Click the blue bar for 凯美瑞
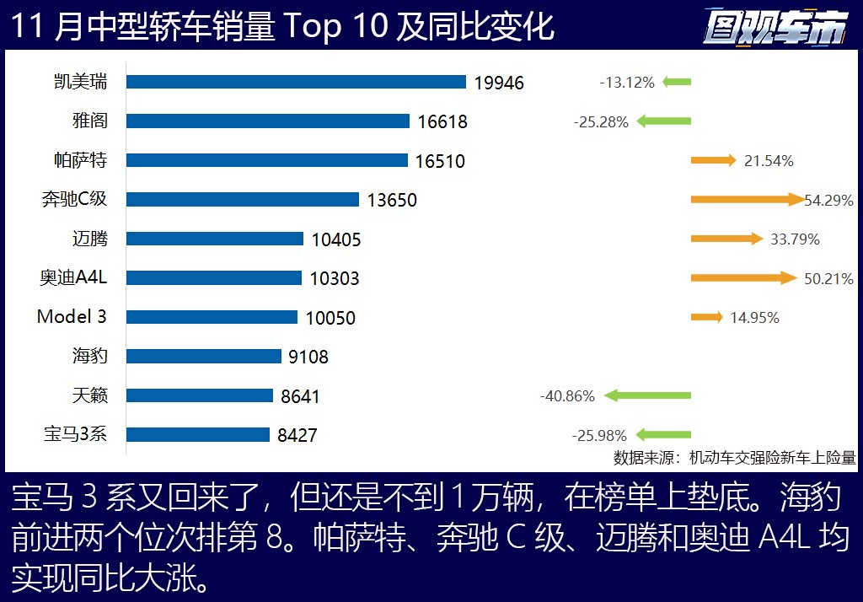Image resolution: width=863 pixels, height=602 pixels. (296, 82)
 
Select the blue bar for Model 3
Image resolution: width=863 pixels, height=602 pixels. (212, 317)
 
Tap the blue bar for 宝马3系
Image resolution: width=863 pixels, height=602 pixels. (197, 435)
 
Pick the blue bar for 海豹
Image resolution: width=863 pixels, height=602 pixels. (203, 357)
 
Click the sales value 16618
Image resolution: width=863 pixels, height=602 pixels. (442, 122)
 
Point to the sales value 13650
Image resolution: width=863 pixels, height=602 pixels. (392, 201)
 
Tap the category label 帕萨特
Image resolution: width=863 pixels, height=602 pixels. (90, 160)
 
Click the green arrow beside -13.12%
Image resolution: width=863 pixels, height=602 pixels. (677, 82)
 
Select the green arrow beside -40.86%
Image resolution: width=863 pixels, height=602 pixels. (647, 395)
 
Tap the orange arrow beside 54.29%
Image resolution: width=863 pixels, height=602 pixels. (747, 200)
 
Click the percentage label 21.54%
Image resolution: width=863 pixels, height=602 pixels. (769, 161)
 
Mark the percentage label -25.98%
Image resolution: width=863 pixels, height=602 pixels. (599, 436)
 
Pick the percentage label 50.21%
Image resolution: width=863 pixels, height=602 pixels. (828, 278)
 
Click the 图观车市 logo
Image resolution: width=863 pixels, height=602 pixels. (776, 28)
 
